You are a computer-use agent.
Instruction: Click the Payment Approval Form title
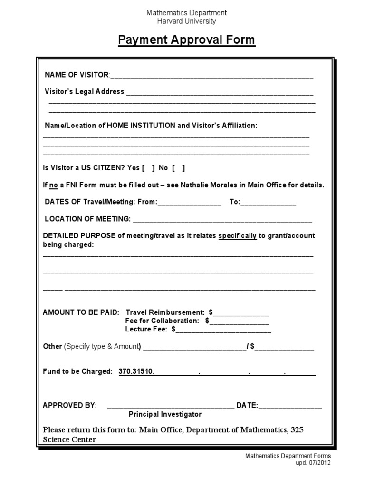[x=186, y=40]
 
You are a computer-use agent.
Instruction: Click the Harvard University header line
[x=186, y=21]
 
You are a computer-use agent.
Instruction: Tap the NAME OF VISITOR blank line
[x=211, y=76]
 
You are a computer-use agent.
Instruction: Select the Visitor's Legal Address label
[x=85, y=91]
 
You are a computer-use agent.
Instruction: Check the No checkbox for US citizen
[x=178, y=168]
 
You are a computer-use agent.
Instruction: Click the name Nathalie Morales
[x=195, y=185]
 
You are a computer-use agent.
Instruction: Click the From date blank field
[x=189, y=203]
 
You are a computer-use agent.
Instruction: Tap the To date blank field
[x=269, y=203]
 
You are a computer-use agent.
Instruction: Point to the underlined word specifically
[x=237, y=236]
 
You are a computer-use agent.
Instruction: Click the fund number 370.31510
[x=137, y=371]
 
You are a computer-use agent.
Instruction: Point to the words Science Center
[x=69, y=439]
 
